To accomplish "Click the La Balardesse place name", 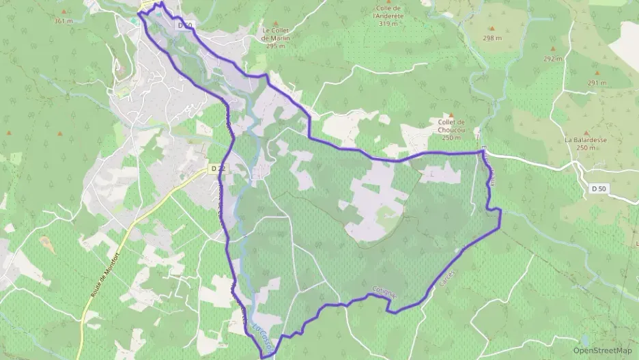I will coord(585,143).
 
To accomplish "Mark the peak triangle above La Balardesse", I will coord(585,129).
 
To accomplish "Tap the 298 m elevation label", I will coord(492,38).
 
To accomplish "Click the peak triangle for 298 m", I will coord(492,29).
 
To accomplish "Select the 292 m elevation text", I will coord(552,59).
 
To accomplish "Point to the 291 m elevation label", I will coord(596,83).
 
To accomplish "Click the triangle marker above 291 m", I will coord(596,73).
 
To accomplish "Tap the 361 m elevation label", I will coord(63,21).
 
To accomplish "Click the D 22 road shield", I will coord(218,168).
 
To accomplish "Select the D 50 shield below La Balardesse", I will coord(598,188).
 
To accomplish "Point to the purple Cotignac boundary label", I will coord(384,292).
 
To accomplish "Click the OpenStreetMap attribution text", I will coord(603,350).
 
